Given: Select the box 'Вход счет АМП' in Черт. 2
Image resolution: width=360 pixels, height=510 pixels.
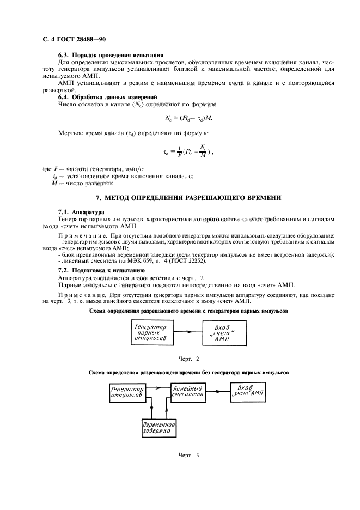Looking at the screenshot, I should (224, 332).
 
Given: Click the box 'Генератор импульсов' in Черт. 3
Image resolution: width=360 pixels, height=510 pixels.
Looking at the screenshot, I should (127, 393).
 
